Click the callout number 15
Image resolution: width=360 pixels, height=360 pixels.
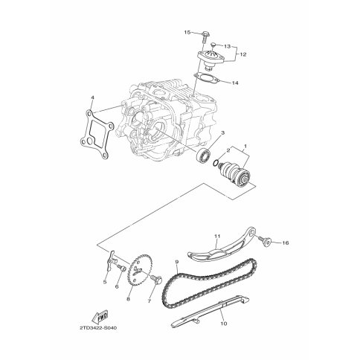point(187,33)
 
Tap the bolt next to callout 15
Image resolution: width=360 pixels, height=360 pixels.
point(205,36)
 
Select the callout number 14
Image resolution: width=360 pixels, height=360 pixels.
point(234,83)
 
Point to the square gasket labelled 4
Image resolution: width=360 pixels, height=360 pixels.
point(97,135)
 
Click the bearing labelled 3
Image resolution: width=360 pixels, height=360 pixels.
point(203,155)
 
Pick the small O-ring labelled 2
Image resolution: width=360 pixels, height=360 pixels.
point(216,163)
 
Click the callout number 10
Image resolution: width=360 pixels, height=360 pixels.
point(224,323)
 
